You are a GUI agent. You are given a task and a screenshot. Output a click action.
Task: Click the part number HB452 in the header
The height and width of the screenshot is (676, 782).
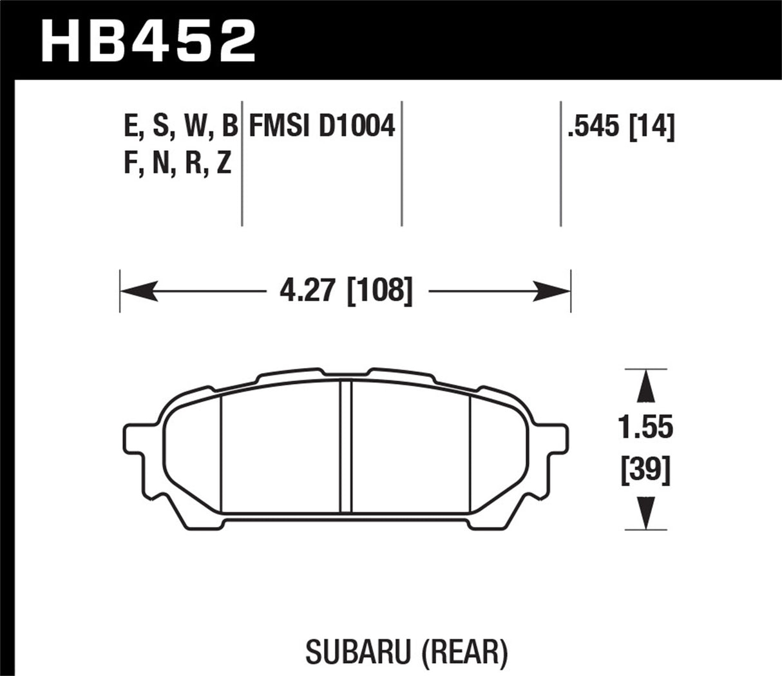[148, 40]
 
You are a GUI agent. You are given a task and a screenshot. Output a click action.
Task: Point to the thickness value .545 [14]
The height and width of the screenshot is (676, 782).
[620, 127]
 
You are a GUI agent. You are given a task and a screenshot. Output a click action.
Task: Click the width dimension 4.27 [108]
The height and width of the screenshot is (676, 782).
[345, 292]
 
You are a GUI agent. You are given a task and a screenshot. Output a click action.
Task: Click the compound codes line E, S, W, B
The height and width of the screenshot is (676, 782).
[180, 127]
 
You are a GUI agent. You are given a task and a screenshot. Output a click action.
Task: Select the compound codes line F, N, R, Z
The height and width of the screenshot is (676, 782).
[177, 164]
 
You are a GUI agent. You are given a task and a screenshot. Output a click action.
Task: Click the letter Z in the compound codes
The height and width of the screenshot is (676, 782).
[224, 164]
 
